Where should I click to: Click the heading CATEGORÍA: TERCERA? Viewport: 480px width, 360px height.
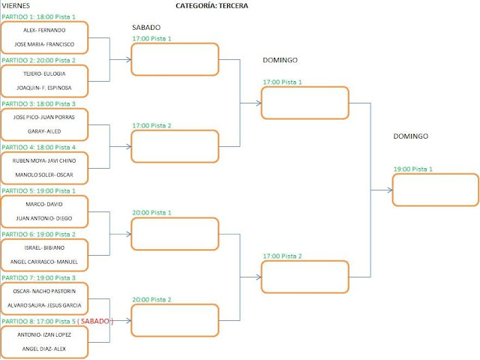(x=211, y=6)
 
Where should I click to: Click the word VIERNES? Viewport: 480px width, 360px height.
(x=16, y=6)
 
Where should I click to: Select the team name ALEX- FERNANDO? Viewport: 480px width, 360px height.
(x=45, y=31)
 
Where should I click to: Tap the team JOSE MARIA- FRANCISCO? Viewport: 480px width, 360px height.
(x=45, y=43)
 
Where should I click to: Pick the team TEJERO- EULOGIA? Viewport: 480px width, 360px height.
(x=45, y=74)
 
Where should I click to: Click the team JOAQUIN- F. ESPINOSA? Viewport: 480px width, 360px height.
(x=45, y=87)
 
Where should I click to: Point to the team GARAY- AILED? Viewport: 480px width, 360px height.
(x=45, y=130)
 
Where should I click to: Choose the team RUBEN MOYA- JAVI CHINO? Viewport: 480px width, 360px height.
(x=45, y=161)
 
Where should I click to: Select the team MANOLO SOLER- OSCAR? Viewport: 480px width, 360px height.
(x=45, y=174)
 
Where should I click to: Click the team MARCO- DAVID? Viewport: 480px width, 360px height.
(x=45, y=205)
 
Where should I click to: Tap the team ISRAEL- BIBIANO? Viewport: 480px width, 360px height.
(x=45, y=248)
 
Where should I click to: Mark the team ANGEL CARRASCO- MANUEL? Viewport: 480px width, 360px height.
(x=45, y=261)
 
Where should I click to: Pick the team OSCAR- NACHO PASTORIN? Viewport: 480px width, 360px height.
(x=45, y=292)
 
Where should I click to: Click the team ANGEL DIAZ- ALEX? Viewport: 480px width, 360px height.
(x=45, y=348)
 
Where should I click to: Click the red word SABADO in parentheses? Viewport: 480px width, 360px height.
(x=96, y=321)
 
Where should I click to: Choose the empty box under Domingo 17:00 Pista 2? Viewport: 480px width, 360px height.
(x=304, y=276)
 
